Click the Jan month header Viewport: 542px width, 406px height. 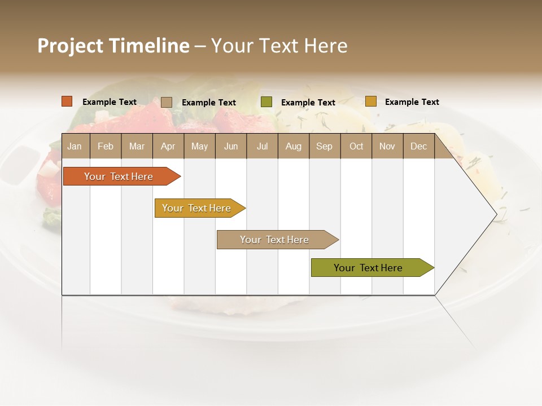[x=75, y=146]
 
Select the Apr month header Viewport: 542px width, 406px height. [x=168, y=146]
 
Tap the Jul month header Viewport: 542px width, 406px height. [x=263, y=146]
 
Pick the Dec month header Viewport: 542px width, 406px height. [x=418, y=146]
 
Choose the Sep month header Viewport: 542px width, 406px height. [x=325, y=146]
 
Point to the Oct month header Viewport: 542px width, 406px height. [x=356, y=146]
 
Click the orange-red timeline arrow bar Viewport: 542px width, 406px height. [x=119, y=176]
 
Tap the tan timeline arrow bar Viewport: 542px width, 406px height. [x=275, y=240]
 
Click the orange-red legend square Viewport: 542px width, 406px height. [x=67, y=101]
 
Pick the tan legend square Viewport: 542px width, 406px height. [x=166, y=102]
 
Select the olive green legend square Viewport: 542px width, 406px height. [x=266, y=102]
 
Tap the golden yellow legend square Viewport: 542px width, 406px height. [x=370, y=101]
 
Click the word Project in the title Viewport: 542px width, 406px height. [x=69, y=46]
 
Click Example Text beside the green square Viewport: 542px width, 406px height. [x=308, y=102]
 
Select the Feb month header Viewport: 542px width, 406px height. [x=106, y=146]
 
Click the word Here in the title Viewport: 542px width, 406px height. [x=326, y=46]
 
